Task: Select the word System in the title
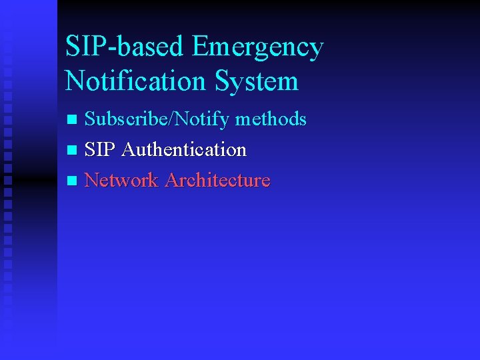[257, 81]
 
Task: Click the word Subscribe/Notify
[157, 119]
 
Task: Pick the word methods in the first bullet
[271, 119]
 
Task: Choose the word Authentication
[184, 149]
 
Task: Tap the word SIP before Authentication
[101, 149]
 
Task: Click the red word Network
[122, 180]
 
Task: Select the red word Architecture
[217, 180]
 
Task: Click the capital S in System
[223, 81]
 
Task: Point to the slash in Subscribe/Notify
[175, 119]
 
